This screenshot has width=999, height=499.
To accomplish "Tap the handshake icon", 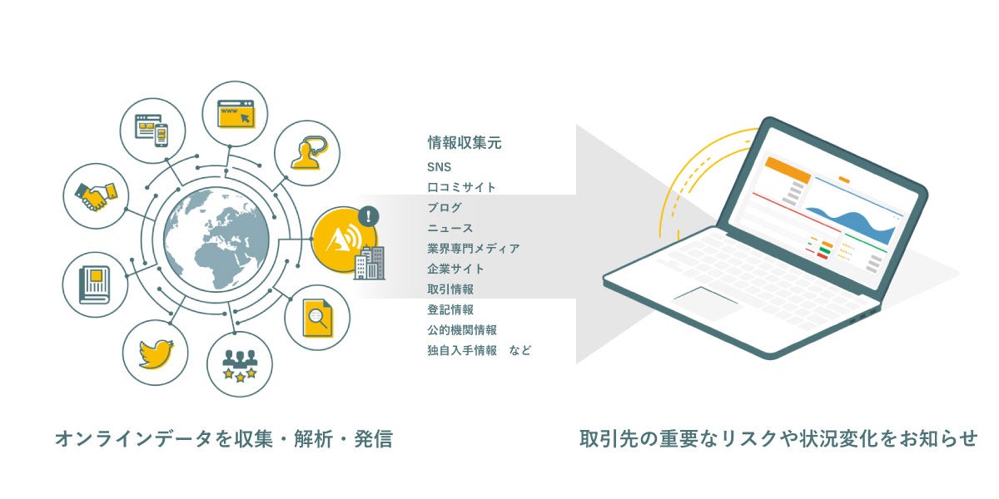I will pos(96,196).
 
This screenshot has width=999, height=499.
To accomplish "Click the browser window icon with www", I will pos(236,113).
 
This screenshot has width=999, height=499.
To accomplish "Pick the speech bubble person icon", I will pos(306,153).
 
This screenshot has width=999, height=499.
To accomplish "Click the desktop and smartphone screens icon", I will pos(152,130).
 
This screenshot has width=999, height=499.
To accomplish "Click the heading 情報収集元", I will pos(465,143).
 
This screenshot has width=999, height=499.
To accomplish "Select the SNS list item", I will pos(439,167).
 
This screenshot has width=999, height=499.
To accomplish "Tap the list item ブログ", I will pos(445,208).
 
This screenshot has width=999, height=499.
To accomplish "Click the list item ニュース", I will pos(450,228).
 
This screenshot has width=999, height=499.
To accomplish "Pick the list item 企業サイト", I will pos(455,269).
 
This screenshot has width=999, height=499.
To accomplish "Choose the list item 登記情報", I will pos(450,309).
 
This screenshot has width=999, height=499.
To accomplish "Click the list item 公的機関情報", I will pos(462,330).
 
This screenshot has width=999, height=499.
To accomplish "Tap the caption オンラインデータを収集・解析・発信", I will pos(223,439).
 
